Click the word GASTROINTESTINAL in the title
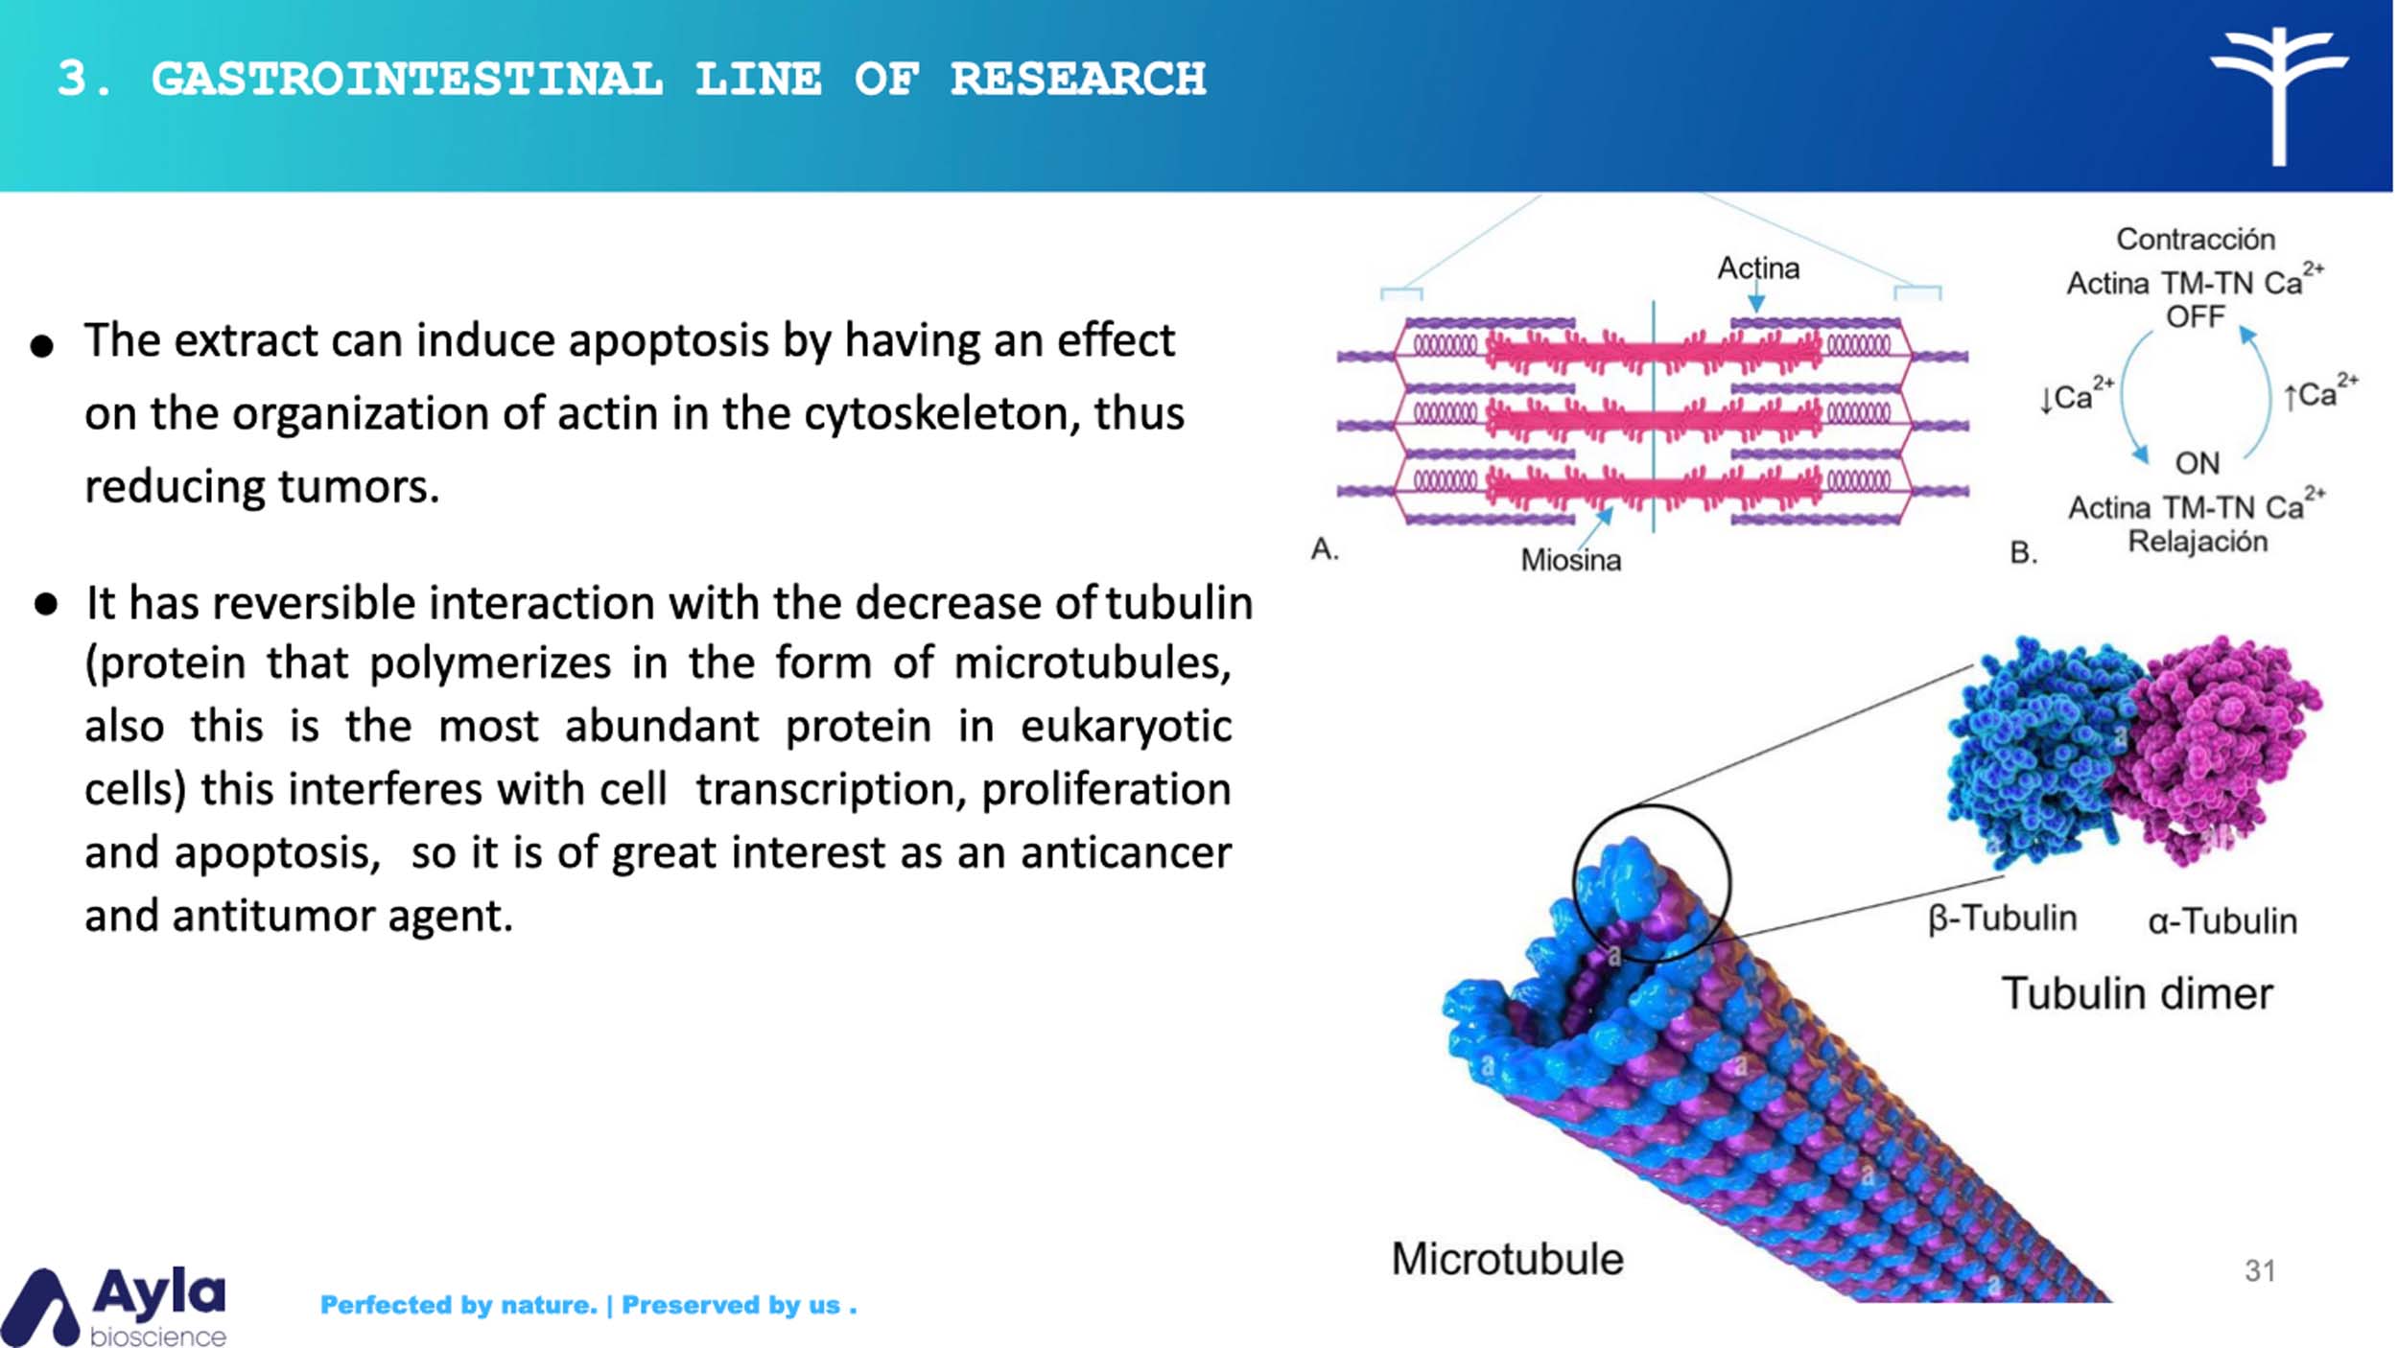[407, 79]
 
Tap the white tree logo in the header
[2279, 96]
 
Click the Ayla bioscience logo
[115, 1306]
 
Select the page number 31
[2260, 1270]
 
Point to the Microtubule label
[1507, 1259]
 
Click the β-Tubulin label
[2003, 918]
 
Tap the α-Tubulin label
[2222, 921]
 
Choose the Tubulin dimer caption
[2137, 993]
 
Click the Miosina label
[1571, 560]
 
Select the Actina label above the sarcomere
[1758, 268]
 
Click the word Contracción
[2196, 239]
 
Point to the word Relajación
[2198, 542]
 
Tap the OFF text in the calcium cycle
[2196, 316]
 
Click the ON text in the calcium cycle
[2197, 463]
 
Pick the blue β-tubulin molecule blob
[2038, 753]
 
